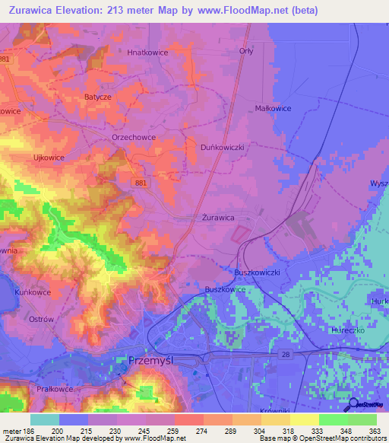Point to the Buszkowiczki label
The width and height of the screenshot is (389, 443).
pyautogui.click(x=257, y=272)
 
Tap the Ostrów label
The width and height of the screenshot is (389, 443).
pyautogui.click(x=40, y=319)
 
